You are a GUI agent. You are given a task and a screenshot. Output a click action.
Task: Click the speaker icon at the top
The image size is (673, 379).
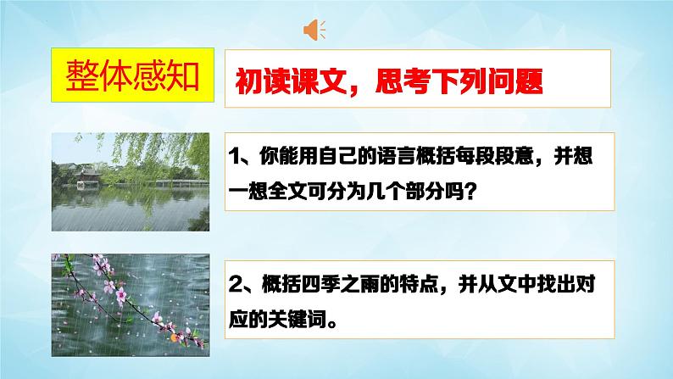(x=314, y=30)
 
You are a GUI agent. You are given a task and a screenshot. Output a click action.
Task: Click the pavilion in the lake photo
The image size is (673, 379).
(x=89, y=180)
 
